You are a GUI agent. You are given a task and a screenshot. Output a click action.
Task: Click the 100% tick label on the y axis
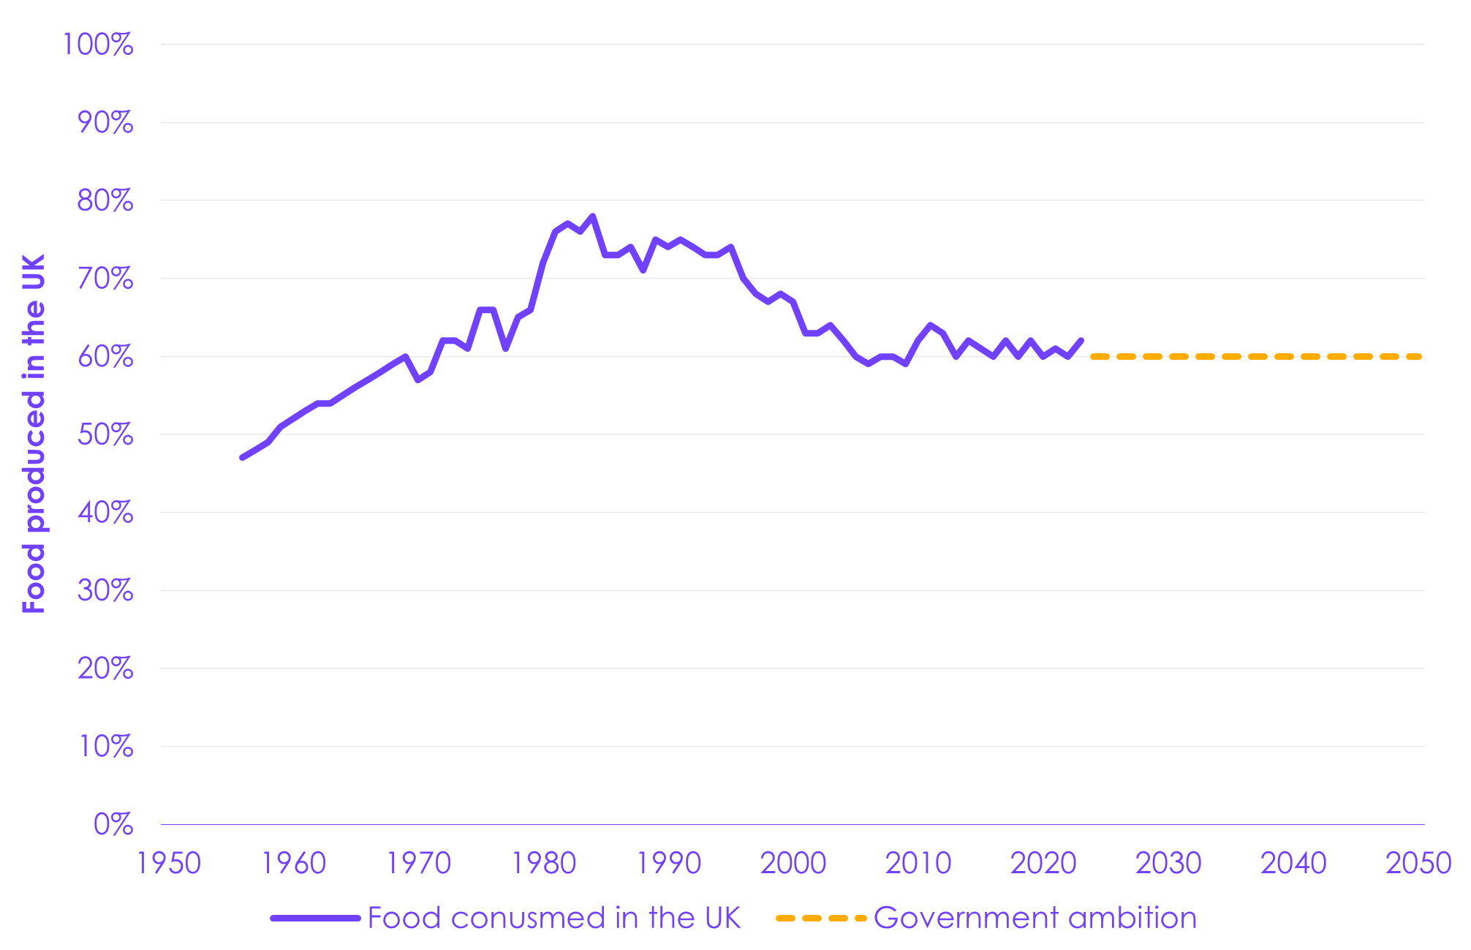point(98,45)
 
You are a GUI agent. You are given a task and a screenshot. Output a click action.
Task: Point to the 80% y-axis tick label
point(105,200)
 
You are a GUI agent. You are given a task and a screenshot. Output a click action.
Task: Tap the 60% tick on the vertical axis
point(105,357)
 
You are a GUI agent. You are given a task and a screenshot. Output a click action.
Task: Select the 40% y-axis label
point(105,513)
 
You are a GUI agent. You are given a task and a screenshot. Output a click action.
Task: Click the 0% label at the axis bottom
point(113,825)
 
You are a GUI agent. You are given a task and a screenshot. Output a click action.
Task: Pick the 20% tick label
point(105,668)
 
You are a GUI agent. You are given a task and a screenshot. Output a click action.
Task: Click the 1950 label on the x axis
point(169,864)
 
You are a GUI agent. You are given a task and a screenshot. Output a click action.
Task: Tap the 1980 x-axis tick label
point(544,864)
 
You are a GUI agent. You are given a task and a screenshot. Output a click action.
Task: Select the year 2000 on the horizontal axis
point(793,864)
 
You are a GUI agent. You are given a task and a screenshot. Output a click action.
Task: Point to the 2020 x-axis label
point(1043,864)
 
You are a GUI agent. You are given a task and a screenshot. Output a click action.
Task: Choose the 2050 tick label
point(1418,864)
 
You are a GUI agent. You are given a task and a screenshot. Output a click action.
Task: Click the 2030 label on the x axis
point(1168,864)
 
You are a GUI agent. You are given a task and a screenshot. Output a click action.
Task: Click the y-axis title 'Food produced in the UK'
point(34,434)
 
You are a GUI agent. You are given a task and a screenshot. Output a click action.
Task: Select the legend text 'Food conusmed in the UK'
point(554,918)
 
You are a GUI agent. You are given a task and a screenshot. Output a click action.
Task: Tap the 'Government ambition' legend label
point(1035,918)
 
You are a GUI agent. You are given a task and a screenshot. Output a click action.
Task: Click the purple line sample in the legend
point(316,919)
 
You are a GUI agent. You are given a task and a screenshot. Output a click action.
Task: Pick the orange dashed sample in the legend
point(821,919)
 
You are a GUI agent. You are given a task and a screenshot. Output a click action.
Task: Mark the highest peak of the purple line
point(592,216)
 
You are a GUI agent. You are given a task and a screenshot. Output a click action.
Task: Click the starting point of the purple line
point(242,458)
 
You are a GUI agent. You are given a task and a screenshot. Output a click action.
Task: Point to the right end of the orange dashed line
point(1421,357)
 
